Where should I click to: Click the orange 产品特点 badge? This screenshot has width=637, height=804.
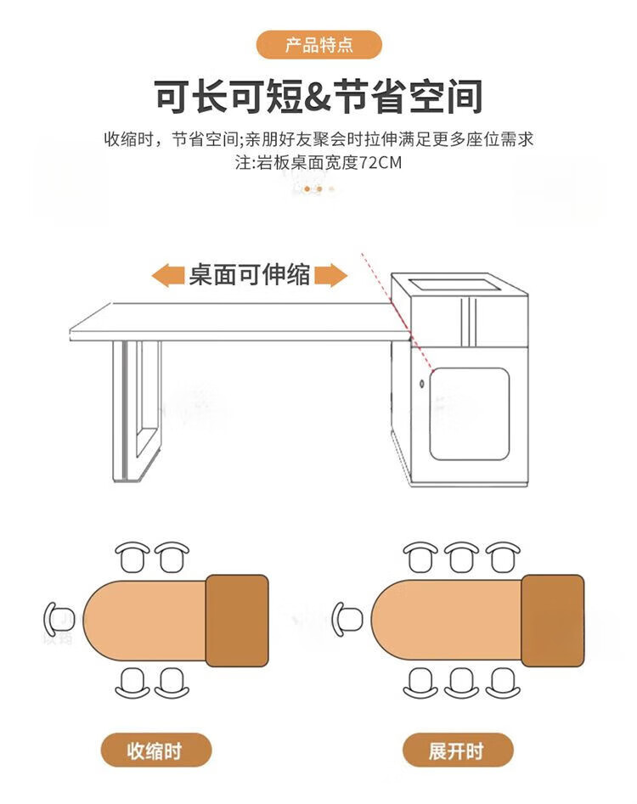[319, 45]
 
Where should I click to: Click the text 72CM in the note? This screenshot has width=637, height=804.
[380, 162]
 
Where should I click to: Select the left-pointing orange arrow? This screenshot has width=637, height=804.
[167, 275]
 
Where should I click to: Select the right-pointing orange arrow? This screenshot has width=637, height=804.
[330, 275]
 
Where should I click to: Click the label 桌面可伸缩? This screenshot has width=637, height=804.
[249, 275]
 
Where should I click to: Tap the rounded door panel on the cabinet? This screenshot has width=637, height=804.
[470, 413]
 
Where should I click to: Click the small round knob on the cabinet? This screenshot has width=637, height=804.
[422, 384]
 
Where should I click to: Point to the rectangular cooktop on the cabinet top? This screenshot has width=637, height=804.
[455, 284]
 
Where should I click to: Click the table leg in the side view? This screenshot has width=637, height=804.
[137, 411]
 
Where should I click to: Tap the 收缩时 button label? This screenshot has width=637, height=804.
[155, 751]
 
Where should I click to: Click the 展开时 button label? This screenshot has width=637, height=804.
[457, 751]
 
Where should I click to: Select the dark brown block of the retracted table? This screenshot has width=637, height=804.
[237, 621]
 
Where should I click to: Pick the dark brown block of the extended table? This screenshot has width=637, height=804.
[552, 621]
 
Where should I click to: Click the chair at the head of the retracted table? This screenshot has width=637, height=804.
[59, 619]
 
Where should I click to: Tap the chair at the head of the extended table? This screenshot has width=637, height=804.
[347, 619]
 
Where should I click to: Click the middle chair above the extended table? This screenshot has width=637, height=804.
[461, 557]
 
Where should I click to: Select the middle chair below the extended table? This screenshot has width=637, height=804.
[461, 683]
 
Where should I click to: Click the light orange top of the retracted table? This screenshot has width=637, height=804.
[144, 621]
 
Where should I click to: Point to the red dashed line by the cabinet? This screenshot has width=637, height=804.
[397, 312]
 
